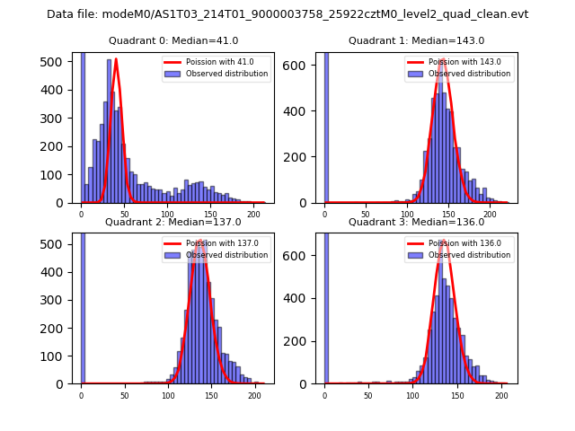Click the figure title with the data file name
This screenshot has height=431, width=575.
point(287,14)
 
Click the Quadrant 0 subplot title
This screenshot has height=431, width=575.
point(173,41)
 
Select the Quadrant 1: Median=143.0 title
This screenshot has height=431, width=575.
point(416,41)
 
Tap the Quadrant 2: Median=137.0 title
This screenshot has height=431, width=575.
point(173,222)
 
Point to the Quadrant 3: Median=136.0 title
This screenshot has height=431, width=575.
point(416,222)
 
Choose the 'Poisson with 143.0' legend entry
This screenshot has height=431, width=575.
point(457,63)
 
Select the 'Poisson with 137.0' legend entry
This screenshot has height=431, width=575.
point(215,243)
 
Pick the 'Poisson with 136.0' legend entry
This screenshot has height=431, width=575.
point(457,243)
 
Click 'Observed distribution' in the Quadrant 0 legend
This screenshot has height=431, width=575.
point(226,74)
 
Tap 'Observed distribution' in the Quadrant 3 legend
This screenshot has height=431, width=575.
point(468,255)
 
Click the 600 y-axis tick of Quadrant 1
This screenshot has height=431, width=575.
point(302,67)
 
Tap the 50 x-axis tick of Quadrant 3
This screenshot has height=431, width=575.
point(368,396)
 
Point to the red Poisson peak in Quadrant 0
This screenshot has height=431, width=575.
point(116,60)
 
